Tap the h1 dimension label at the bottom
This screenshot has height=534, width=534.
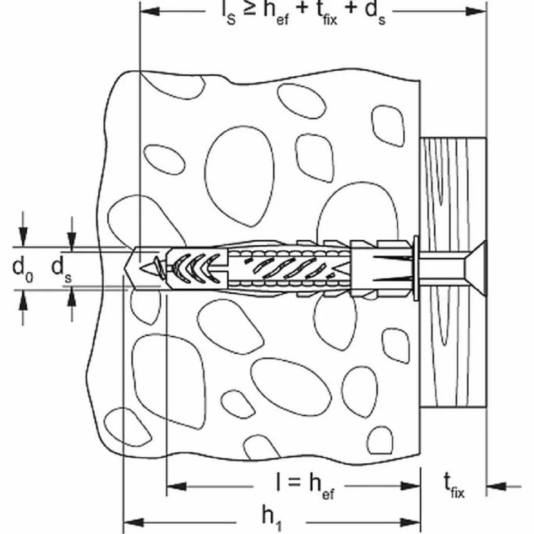(x=272, y=517)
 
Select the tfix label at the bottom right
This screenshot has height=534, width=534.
(x=454, y=486)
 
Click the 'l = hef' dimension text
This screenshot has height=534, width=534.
(x=305, y=486)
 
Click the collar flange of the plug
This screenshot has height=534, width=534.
(x=416, y=268)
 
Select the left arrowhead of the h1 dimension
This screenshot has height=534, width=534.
(x=133, y=522)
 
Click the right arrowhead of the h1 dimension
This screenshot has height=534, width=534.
(x=410, y=522)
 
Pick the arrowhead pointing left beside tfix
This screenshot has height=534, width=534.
(x=496, y=486)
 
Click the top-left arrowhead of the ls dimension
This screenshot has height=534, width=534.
(x=150, y=11)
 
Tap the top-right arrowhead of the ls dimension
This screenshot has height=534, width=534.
(x=476, y=11)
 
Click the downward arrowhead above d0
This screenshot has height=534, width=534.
(x=23, y=236)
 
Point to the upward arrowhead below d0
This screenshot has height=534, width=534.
(x=23, y=300)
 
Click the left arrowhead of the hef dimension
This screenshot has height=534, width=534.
(x=177, y=486)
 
